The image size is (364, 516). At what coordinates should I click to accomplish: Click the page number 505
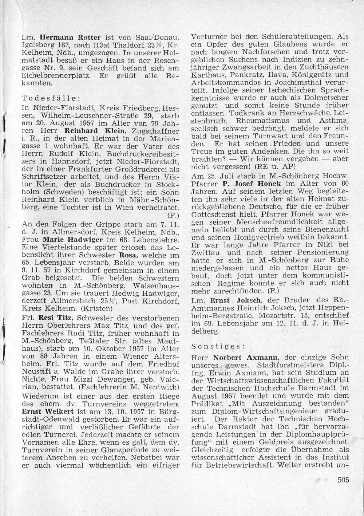[343, 479]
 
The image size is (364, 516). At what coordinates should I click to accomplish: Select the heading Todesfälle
[51, 99]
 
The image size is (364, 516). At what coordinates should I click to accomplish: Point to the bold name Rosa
[130, 255]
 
